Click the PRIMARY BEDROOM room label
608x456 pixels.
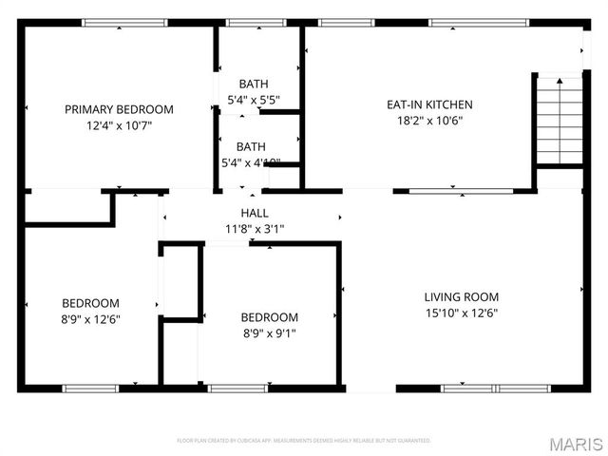pyautogui.click(x=119, y=109)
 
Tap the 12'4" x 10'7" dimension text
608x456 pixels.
pyautogui.click(x=119, y=124)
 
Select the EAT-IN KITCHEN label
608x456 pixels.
pyautogui.click(x=428, y=104)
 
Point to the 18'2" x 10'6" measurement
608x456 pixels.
pyautogui.click(x=428, y=120)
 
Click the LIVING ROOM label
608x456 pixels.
pyautogui.click(x=461, y=296)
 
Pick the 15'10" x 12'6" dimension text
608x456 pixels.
pyautogui.click(x=461, y=313)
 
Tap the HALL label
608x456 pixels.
pyautogui.click(x=255, y=213)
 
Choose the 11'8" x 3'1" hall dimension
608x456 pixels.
pyautogui.click(x=255, y=228)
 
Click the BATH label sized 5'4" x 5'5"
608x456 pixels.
pyautogui.click(x=253, y=84)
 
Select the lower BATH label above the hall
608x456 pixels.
pyautogui.click(x=251, y=146)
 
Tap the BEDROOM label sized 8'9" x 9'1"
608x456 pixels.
pyautogui.click(x=269, y=317)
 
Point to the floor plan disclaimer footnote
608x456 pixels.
pyautogui.click(x=304, y=441)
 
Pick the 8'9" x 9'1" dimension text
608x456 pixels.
pyautogui.click(x=269, y=332)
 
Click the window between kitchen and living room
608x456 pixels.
pyautogui.click(x=462, y=191)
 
